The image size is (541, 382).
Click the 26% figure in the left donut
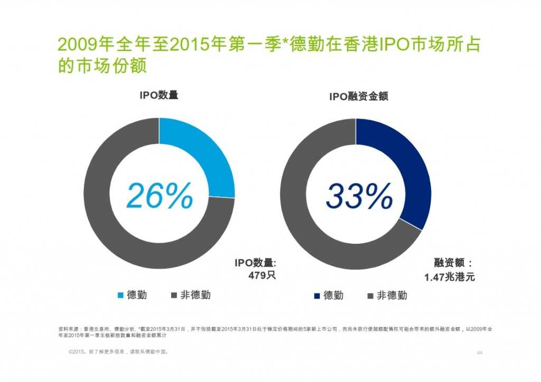click(x=159, y=196)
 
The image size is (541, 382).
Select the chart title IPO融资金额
click(x=355, y=97)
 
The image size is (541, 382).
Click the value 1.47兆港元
click(x=449, y=276)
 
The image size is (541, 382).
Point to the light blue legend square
click(x=120, y=295)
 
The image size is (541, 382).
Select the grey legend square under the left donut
click(x=173, y=295)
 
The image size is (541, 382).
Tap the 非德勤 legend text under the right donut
click(x=391, y=295)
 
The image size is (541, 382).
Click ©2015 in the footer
click(x=77, y=351)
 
